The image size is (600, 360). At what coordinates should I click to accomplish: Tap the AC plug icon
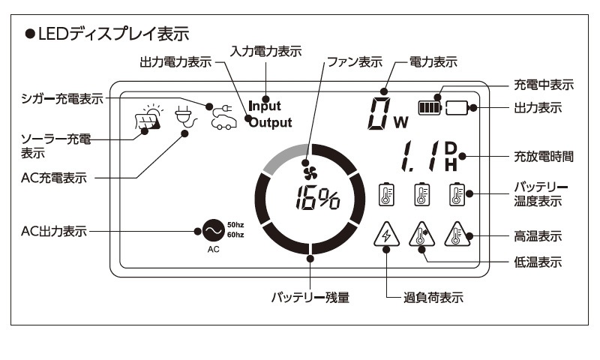[x=185, y=117]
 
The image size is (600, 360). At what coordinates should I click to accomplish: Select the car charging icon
[x=223, y=118]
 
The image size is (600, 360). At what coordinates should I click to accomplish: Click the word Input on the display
[x=265, y=106]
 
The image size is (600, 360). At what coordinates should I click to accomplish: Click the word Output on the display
[x=271, y=122]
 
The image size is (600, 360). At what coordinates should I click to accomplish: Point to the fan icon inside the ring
[x=310, y=173]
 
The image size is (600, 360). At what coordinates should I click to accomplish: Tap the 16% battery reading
[x=317, y=198]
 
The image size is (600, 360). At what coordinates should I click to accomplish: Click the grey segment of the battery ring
[x=285, y=157]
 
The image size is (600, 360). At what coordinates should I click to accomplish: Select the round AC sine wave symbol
[x=214, y=230]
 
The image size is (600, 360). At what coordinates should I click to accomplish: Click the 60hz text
[x=235, y=235]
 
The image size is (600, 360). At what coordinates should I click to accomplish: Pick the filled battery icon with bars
[x=430, y=108]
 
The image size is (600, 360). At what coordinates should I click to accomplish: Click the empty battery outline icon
[x=457, y=108]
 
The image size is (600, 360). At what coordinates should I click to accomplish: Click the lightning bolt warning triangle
[x=386, y=235]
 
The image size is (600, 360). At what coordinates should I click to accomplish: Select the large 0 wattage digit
[x=379, y=113]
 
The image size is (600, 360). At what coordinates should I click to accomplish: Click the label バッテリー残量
[x=310, y=297]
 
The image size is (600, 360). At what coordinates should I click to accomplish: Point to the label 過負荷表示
[x=433, y=297]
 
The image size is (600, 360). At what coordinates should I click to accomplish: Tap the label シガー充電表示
[x=62, y=99]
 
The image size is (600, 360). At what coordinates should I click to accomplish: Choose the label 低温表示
[x=538, y=262]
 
